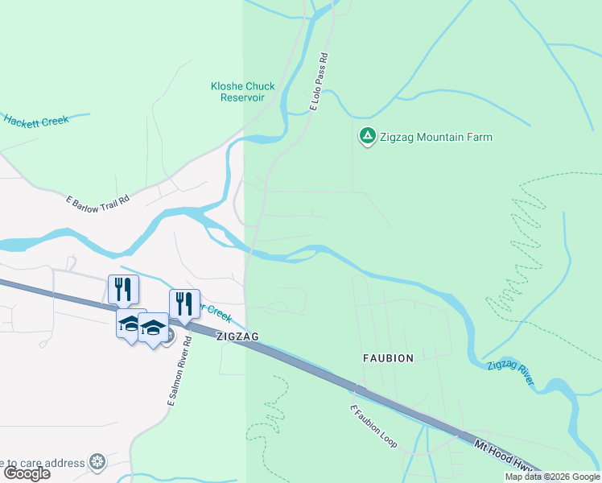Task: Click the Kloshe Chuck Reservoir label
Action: coord(242,92)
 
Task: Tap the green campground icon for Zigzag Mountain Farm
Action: coord(367,137)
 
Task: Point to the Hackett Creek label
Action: coord(36,121)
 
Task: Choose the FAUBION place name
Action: coord(388,357)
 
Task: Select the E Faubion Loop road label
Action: coord(373,427)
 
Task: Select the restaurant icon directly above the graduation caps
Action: coord(123,289)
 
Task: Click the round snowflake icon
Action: coord(97,463)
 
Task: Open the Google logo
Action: coord(27,473)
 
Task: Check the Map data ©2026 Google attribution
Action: coord(552,477)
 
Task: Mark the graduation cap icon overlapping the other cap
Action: coord(152,328)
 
